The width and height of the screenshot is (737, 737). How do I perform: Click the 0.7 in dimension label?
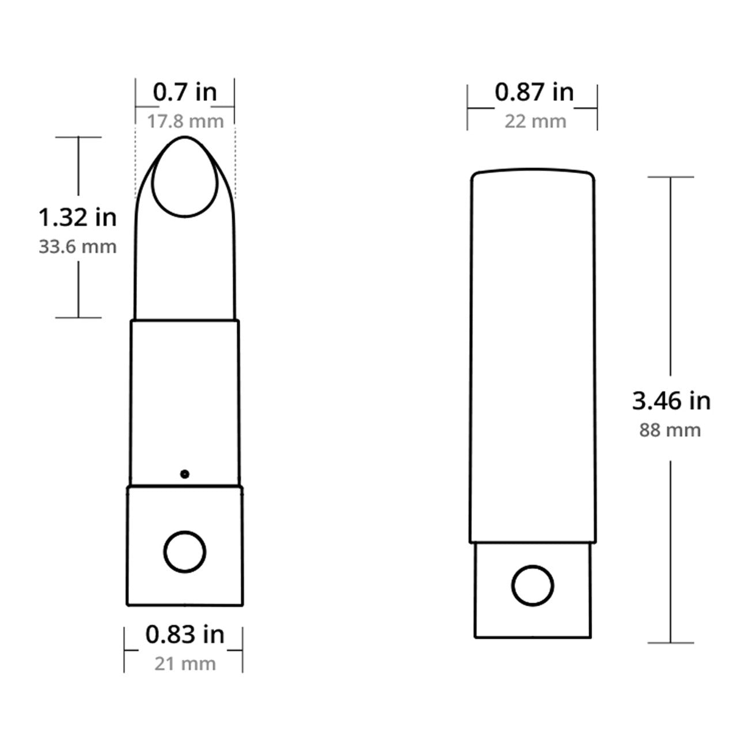pos(185,92)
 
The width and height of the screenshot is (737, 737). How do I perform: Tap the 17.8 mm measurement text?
pos(185,121)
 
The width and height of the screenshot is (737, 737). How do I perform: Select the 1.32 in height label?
pos(78,218)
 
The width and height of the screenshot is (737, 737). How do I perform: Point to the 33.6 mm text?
pos(78,247)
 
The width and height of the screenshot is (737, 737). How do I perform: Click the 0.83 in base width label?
pos(185,635)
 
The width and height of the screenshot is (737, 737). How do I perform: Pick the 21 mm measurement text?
pos(185,664)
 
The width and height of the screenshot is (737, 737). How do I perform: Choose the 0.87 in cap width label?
pos(534,92)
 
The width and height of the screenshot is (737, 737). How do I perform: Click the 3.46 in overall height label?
pos(671,401)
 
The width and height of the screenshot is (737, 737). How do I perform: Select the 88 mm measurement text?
pos(670,430)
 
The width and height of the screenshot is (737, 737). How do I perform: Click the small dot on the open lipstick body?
pos(184,474)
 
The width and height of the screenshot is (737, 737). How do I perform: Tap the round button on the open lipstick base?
pos(184,552)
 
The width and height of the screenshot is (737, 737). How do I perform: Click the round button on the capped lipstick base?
pos(533,586)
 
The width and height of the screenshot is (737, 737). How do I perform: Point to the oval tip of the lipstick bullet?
pos(185,177)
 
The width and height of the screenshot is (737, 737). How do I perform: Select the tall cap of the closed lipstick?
pos(533,357)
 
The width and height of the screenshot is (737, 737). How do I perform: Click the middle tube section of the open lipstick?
pos(184,403)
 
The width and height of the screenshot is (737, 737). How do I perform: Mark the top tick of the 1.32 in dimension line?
pos(78,137)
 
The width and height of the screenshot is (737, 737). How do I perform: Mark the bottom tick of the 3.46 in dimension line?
pos(671,643)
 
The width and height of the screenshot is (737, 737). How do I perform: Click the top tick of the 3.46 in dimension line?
pos(671,177)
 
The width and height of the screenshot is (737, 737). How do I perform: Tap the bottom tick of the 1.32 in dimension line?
pos(78,317)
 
